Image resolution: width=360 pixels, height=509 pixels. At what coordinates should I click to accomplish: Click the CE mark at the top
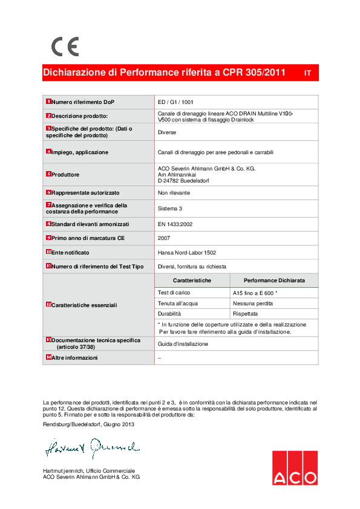(x=65, y=47)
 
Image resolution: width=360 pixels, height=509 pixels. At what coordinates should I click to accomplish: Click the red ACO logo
(x=294, y=468)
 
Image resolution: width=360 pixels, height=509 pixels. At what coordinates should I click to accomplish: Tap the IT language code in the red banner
(x=307, y=73)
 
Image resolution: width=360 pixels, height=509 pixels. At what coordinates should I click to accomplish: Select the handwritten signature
(x=91, y=448)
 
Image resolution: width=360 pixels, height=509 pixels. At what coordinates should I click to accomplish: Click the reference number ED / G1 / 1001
(x=175, y=102)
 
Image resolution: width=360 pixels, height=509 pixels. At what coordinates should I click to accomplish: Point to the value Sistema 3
(x=170, y=209)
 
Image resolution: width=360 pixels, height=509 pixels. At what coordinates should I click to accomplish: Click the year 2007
(x=164, y=238)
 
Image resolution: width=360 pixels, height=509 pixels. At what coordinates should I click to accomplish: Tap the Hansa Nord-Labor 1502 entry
(x=186, y=252)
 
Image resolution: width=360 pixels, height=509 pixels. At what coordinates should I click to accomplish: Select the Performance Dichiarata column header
(x=274, y=281)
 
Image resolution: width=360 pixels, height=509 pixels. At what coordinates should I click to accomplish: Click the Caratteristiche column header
(x=192, y=281)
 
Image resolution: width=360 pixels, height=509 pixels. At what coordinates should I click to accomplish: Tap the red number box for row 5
(x=48, y=174)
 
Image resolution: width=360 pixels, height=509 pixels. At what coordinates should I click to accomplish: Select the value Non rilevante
(x=174, y=193)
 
